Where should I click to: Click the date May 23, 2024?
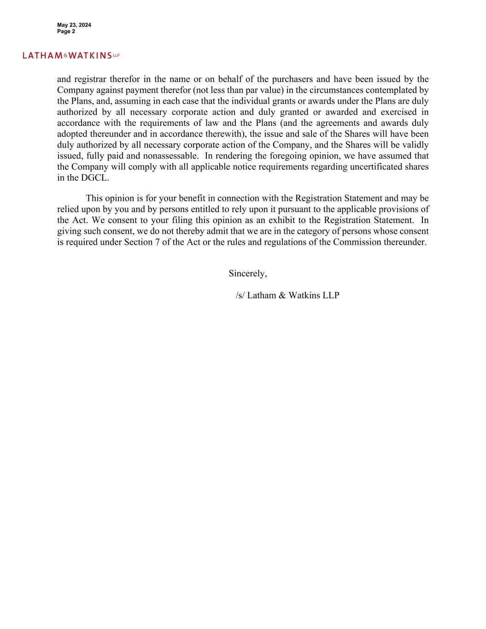tap(74, 25)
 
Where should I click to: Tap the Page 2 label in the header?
tap(66, 31)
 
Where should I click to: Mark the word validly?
tap(414, 145)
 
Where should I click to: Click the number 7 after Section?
tap(156, 242)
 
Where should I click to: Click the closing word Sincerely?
tap(247, 274)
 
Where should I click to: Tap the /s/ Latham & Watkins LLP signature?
tap(287, 296)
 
